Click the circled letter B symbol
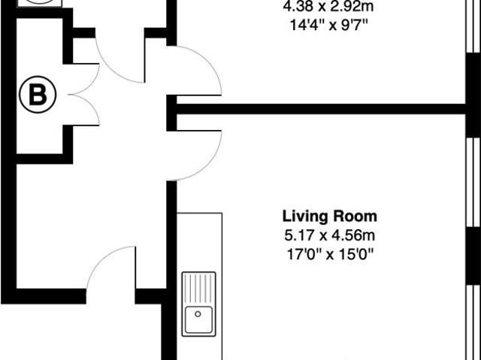37,95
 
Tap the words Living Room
330,216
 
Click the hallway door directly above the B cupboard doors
120,60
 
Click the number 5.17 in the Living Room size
292,235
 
